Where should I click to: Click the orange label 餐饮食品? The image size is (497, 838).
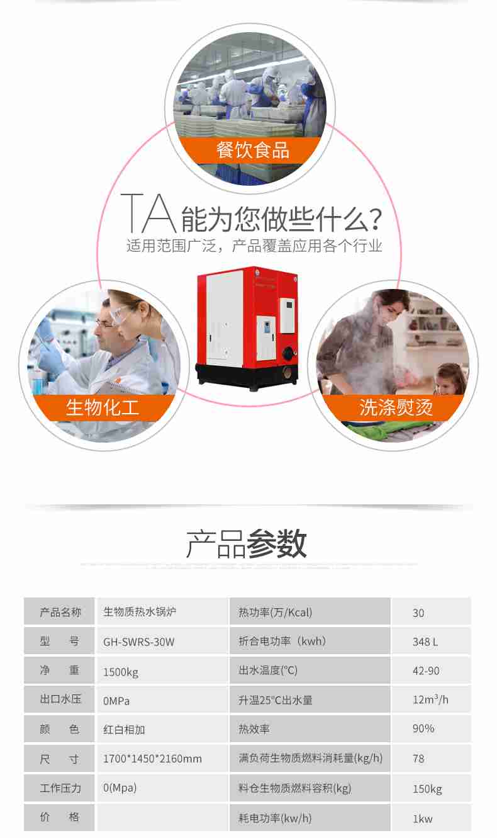(x=252, y=150)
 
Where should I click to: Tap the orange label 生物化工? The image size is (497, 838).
(x=103, y=407)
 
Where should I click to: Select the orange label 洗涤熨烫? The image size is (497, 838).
(x=396, y=407)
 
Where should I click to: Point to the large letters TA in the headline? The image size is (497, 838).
(x=147, y=213)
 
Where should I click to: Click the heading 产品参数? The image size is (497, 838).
(x=247, y=544)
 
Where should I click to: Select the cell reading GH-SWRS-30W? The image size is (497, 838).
(x=138, y=642)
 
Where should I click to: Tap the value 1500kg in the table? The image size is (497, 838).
(x=121, y=672)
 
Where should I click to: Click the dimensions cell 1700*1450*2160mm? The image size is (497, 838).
(x=152, y=759)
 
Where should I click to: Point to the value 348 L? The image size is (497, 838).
(x=425, y=642)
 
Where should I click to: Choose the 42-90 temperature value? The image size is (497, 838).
(x=426, y=671)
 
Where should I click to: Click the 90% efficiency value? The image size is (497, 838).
(x=423, y=728)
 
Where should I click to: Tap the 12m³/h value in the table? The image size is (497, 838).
(x=430, y=699)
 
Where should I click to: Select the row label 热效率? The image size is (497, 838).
(x=254, y=729)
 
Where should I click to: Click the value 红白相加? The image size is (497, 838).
(x=124, y=730)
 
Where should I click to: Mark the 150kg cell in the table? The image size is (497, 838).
(x=427, y=788)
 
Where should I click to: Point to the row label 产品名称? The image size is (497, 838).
(x=60, y=612)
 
